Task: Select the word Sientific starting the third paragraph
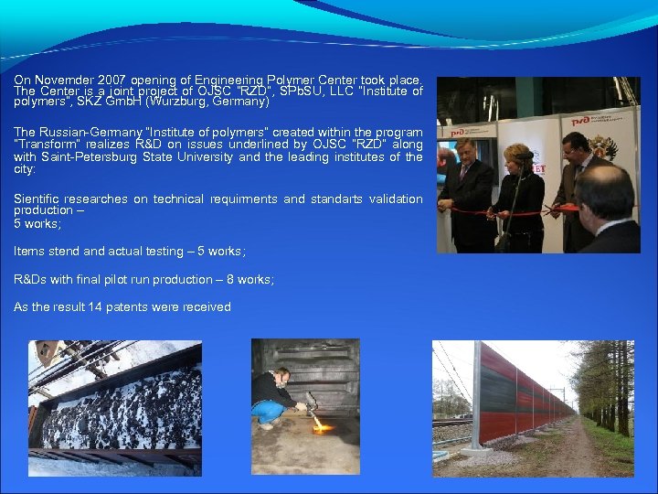[37, 199]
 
